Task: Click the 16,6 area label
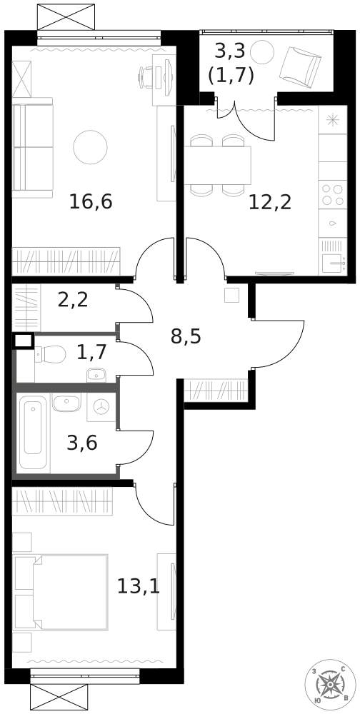(91, 201)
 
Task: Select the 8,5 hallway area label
(186, 336)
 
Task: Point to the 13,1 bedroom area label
(137, 587)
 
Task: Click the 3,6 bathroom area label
(81, 442)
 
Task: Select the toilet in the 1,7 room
(51, 353)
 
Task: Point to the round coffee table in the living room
(90, 146)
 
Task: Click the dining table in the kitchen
(220, 166)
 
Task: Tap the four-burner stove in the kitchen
(332, 195)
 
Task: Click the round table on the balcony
(261, 51)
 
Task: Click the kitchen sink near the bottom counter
(332, 263)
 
